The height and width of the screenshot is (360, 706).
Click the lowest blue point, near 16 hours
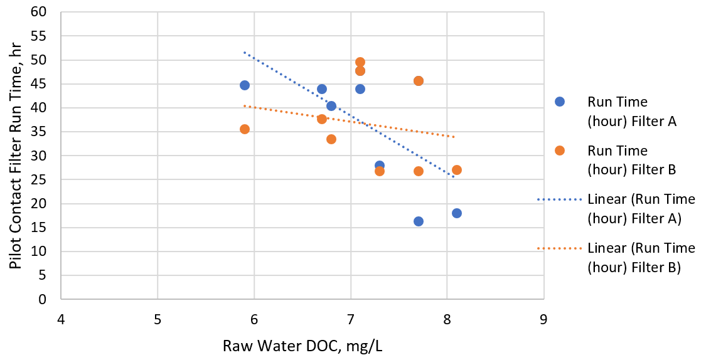[x=419, y=221]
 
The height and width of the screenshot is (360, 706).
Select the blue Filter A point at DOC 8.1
[x=457, y=213]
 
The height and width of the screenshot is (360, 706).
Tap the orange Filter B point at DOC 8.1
[x=457, y=170]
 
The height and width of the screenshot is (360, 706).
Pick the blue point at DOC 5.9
[x=245, y=85]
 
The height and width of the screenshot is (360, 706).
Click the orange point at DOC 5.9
[x=245, y=129]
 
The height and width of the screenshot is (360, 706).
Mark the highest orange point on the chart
[x=360, y=62]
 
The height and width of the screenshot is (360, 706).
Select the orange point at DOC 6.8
[x=331, y=139]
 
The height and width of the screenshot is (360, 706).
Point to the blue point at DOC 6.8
[x=331, y=106]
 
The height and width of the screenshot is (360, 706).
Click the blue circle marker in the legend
[x=560, y=102]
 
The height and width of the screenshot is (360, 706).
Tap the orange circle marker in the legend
[x=560, y=151]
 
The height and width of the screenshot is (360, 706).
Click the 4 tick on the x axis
[x=61, y=319]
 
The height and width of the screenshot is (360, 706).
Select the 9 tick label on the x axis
[x=543, y=319]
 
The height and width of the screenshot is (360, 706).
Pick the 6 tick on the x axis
[x=254, y=319]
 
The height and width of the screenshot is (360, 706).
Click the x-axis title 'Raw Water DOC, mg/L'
[x=302, y=345]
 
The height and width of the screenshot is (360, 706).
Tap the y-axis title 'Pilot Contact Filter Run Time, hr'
[x=16, y=155]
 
